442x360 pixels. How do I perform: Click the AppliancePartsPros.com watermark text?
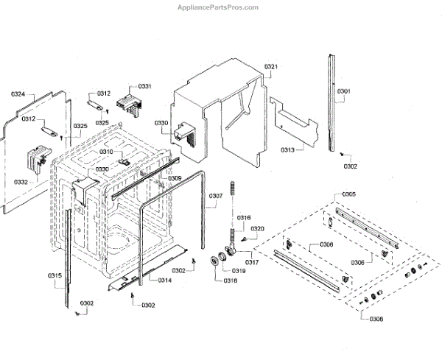click(x=219, y=7)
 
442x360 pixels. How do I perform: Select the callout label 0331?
click(x=145, y=86)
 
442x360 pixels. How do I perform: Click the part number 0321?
click(x=271, y=67)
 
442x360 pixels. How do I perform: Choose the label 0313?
click(x=287, y=150)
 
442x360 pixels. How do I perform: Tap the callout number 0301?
click(x=344, y=92)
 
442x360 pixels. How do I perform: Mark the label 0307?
click(x=215, y=196)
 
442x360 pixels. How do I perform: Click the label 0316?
click(x=244, y=217)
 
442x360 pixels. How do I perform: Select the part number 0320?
click(x=257, y=229)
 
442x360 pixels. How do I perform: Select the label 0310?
click(x=107, y=152)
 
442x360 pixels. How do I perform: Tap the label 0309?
click(x=175, y=178)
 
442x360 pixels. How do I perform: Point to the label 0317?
click(x=253, y=262)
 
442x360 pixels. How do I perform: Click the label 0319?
click(x=241, y=271)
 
